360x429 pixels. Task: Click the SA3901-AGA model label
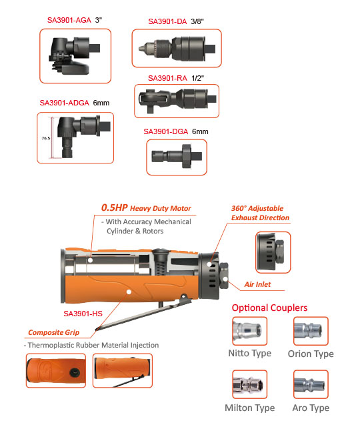[x=69, y=20]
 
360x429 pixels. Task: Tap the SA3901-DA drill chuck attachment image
[x=177, y=49]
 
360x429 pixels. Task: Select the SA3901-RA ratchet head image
[x=177, y=100]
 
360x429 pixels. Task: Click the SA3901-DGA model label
[x=166, y=131]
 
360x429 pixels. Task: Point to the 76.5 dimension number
[x=46, y=138]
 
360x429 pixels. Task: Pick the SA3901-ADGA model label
[x=65, y=103]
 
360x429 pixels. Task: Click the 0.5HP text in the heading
[x=115, y=207]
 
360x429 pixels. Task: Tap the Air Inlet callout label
[x=257, y=284]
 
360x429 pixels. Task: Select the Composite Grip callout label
[x=53, y=332]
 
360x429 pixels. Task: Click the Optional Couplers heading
[x=269, y=308]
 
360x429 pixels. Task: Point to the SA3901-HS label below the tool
[x=83, y=314]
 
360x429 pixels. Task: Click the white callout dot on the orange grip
[x=129, y=292]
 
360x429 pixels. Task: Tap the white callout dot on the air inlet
[x=225, y=279]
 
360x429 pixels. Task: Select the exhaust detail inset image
[x=273, y=252]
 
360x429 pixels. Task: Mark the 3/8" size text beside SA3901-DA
[x=197, y=21]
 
